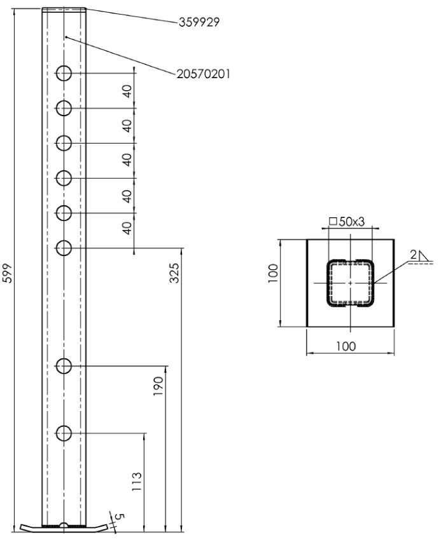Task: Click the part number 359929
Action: pyautogui.click(x=199, y=22)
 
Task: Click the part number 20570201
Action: pyautogui.click(x=203, y=74)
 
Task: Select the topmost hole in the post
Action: pyautogui.click(x=64, y=74)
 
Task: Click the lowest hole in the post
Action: pyautogui.click(x=64, y=434)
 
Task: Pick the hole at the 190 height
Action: pyautogui.click(x=64, y=366)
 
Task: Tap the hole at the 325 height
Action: pyautogui.click(x=64, y=247)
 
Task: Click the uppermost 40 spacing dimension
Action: pyautogui.click(x=127, y=91)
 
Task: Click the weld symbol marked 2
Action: pyautogui.click(x=419, y=256)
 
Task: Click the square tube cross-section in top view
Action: pyautogui.click(x=349, y=283)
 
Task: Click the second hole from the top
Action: pyautogui.click(x=64, y=108)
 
